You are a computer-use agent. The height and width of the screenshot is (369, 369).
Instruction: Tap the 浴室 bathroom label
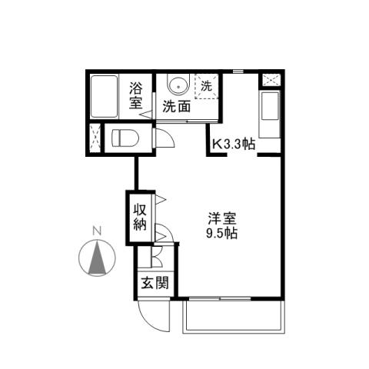(x=136, y=97)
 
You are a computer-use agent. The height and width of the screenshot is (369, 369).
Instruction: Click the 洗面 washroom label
(x=176, y=108)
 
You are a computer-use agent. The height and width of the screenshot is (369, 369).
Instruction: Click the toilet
(x=125, y=139)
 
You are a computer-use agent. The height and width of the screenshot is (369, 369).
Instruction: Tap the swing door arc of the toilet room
(x=165, y=138)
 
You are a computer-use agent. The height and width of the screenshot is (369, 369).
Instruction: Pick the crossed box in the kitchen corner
(x=271, y=80)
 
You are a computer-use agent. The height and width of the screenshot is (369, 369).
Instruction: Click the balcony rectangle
(x=234, y=316)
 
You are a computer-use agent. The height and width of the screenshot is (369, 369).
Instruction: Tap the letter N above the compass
(x=97, y=230)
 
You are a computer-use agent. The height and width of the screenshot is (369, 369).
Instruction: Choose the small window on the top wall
(x=238, y=71)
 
